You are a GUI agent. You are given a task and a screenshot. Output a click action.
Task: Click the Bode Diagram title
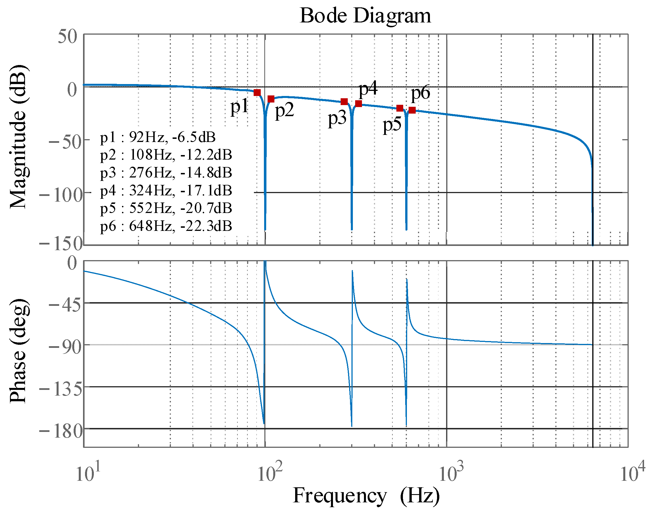tap(365, 16)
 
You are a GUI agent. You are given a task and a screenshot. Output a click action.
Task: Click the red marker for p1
tap(257, 92)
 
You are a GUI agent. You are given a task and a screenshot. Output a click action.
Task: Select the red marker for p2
tap(271, 99)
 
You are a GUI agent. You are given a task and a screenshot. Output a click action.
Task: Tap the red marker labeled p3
tap(344, 102)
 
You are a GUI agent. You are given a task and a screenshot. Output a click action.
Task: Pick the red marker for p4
tap(359, 104)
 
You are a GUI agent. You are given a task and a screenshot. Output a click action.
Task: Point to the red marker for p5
tap(400, 108)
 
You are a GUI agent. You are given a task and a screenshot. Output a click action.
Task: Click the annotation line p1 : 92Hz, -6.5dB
tap(158, 137)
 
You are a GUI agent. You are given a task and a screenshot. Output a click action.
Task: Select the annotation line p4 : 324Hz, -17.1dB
tap(166, 191)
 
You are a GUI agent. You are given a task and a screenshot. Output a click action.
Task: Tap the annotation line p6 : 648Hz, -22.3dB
tap(166, 226)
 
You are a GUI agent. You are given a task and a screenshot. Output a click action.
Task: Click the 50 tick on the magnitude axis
tap(67, 37)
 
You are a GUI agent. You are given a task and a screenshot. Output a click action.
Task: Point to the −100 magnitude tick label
tap(61, 195)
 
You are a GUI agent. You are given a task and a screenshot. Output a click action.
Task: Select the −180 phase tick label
tap(61, 431)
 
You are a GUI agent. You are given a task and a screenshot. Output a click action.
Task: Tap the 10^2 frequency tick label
tap(270, 473)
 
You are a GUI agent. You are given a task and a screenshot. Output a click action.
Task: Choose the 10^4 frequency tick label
tap(632, 473)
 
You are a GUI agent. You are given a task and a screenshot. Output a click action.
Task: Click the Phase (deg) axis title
tap(19, 351)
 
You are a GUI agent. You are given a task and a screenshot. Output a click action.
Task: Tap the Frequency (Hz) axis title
tap(366, 495)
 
